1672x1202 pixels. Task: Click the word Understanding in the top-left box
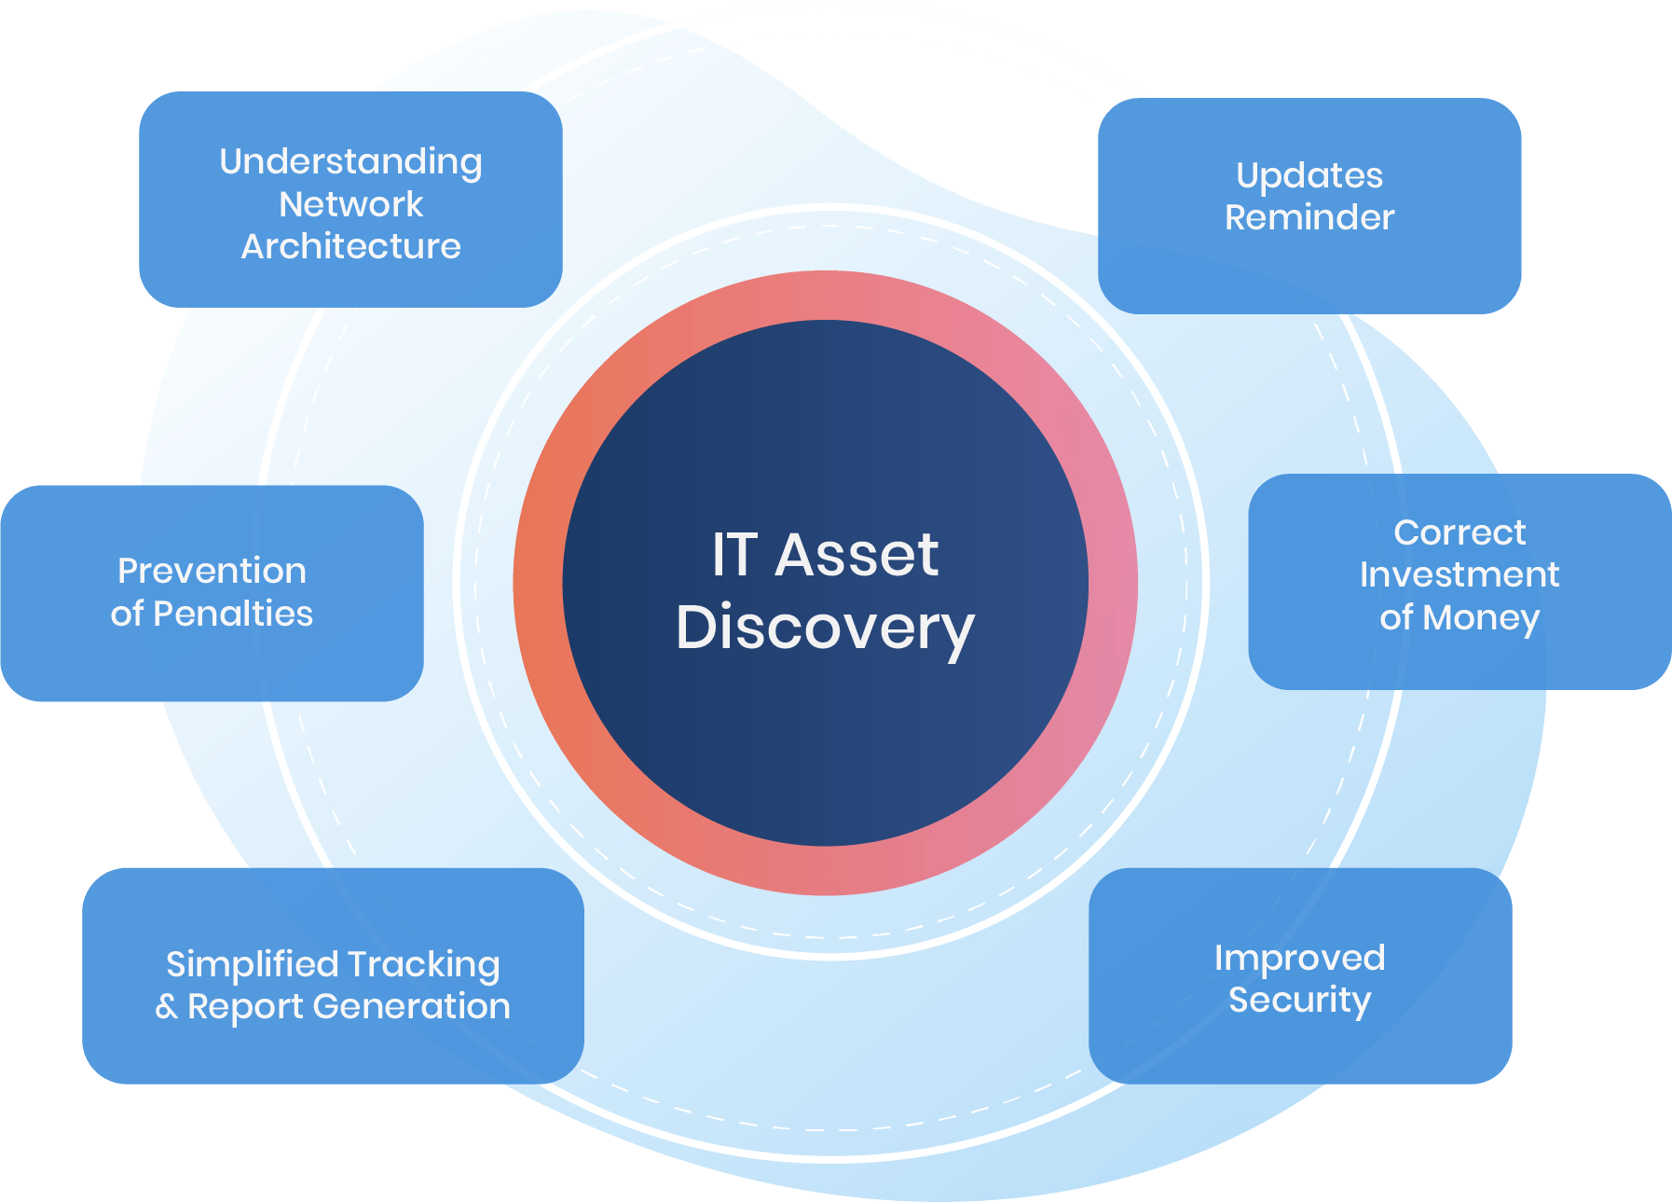(x=350, y=162)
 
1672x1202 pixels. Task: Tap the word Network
(x=350, y=204)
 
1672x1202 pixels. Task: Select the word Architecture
(x=350, y=246)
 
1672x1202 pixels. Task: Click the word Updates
(x=1309, y=176)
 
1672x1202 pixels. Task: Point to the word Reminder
(x=1309, y=217)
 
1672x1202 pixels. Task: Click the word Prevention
(x=212, y=571)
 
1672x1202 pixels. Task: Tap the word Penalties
(x=233, y=614)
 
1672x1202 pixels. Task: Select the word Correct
(x=1459, y=532)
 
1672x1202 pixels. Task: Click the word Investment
(x=1459, y=574)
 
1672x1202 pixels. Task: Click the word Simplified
(x=252, y=964)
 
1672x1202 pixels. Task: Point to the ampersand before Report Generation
(x=167, y=1006)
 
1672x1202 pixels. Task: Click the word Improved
(x=1299, y=959)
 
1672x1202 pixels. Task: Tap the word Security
(x=1299, y=1001)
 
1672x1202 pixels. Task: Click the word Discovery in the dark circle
(x=825, y=628)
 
